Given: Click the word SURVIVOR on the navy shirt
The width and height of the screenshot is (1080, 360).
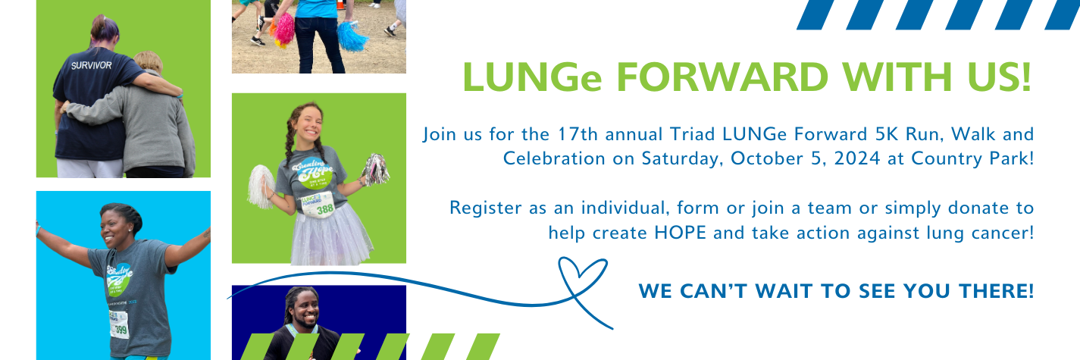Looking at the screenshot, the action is (x=91, y=65).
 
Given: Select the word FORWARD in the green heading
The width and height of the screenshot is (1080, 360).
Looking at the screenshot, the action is (x=722, y=77).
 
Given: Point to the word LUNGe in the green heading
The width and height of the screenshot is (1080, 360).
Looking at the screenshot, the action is (x=532, y=77).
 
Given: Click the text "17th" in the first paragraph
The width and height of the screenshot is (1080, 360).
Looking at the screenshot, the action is (x=578, y=134).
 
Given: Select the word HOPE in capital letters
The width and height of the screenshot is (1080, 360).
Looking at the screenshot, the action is (x=680, y=233).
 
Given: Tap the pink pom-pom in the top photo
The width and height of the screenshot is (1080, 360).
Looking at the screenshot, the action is (x=283, y=29).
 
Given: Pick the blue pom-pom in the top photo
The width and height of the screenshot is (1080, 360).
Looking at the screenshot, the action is (x=352, y=36).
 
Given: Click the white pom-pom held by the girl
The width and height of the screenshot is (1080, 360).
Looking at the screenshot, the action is (x=261, y=187).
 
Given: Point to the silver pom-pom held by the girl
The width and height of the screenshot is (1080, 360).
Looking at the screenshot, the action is (x=375, y=169).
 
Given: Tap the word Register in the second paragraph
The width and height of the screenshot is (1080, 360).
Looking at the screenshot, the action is (x=486, y=208).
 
